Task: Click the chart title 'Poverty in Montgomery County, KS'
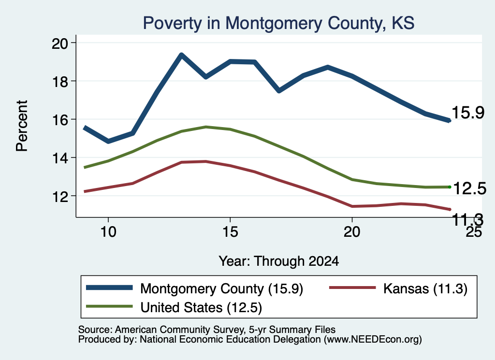278,23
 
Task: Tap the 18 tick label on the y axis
59,81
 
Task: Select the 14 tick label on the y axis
59,158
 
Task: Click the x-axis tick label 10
108,232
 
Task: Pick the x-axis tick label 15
230,232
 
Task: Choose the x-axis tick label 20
352,232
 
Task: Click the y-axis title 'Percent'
22,126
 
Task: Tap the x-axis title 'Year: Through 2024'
279,261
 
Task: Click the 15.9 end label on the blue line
468,113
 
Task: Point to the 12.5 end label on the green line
470,188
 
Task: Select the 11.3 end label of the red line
468,219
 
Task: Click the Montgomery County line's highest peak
181,55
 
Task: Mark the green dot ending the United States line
450,187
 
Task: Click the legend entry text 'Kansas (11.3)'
425,288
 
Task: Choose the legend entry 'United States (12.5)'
201,307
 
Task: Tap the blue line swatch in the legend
109,288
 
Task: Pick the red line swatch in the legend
352,288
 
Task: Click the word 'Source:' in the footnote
95,330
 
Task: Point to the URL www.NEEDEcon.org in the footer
373,340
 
